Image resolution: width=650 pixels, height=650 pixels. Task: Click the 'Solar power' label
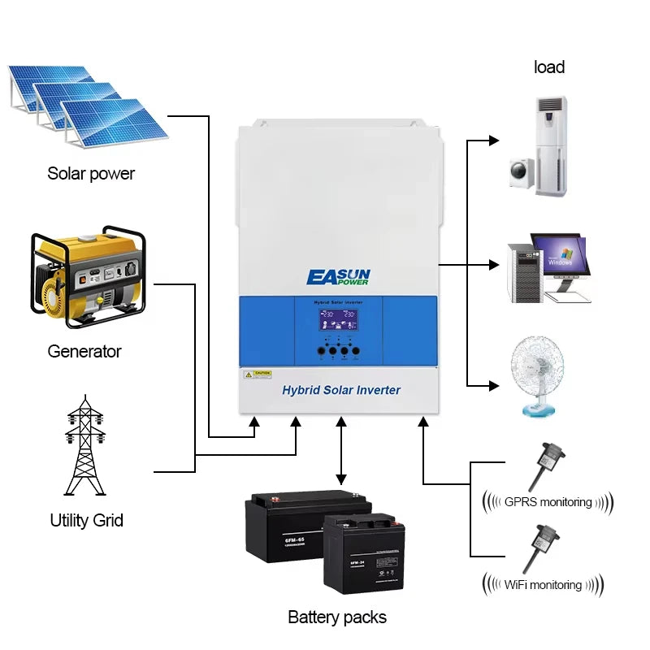point(91,173)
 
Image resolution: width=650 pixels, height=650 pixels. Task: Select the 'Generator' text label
point(84,351)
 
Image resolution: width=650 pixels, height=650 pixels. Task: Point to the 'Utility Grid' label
point(86,520)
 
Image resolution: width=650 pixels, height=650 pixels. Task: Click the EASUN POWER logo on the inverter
point(338,276)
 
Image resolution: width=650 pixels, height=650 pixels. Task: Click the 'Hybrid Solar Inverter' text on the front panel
point(340,390)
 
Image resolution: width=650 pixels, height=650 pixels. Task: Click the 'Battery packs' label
point(337,617)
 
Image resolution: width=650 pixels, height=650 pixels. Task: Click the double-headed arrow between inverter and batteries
point(341,452)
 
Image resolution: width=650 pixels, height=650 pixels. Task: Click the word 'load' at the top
point(549,67)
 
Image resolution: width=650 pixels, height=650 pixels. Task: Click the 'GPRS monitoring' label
point(548,502)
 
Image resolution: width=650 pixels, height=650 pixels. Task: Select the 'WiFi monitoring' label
point(543,584)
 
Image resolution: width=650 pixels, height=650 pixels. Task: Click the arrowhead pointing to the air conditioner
point(493,141)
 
